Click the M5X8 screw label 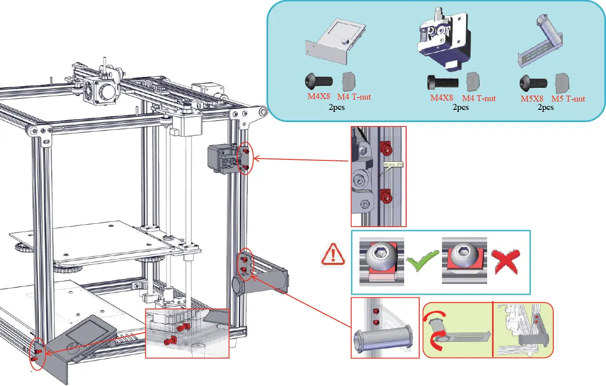534,99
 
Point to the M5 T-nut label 568,99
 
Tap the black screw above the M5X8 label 534,81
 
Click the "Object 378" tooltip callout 392,165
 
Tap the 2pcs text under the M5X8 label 545,107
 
